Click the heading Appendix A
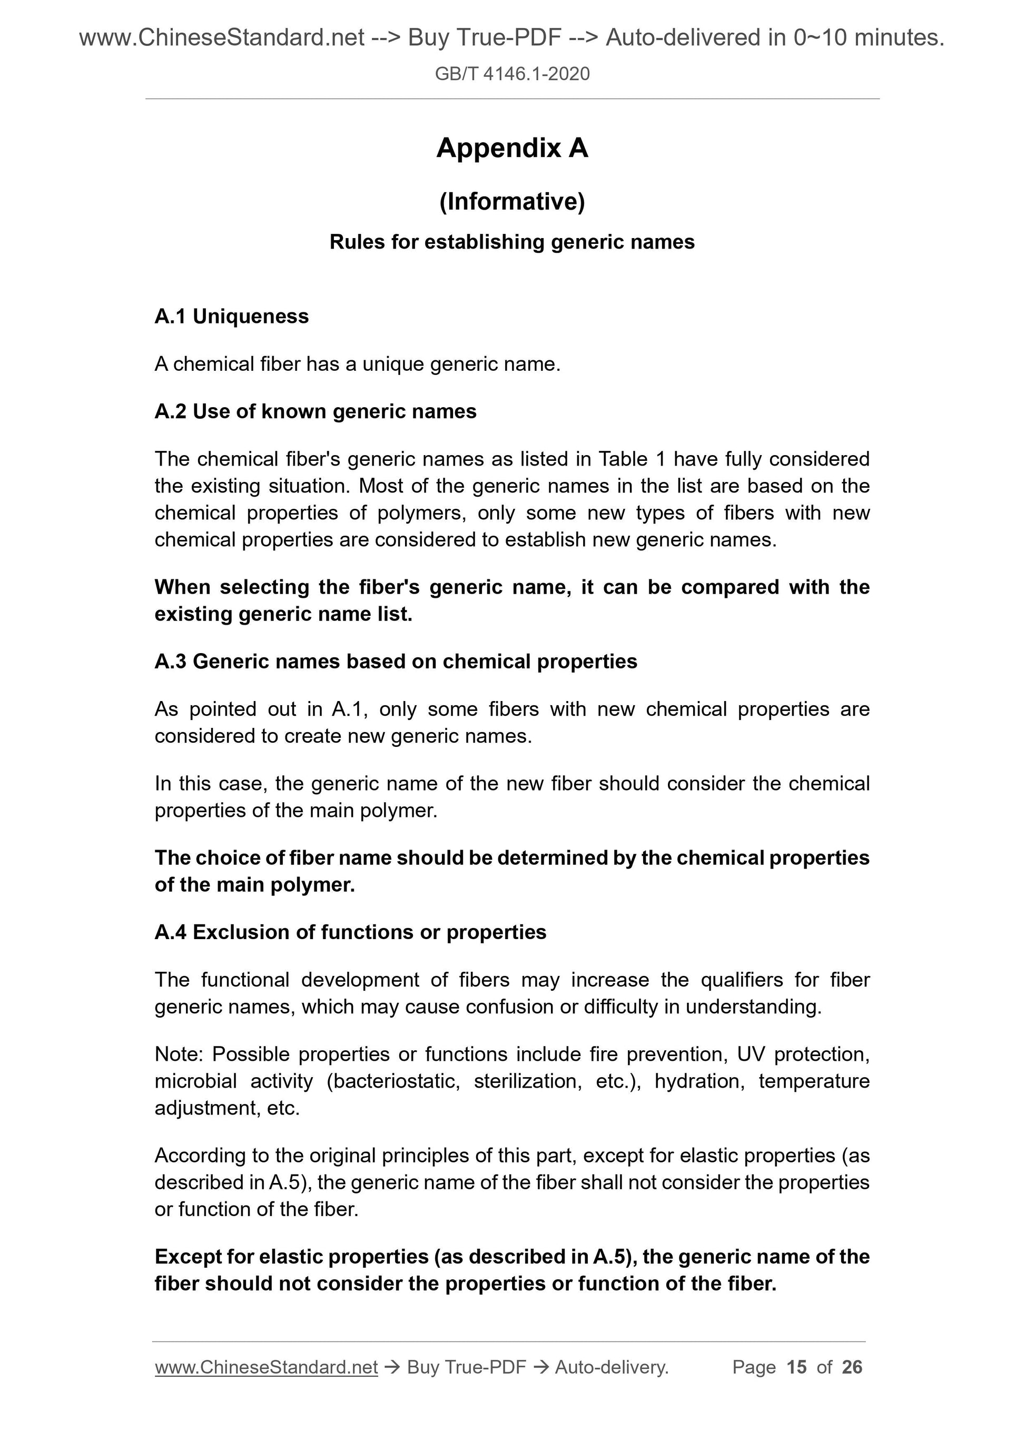pos(512,149)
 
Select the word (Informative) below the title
pos(512,201)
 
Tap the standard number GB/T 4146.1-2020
pos(512,74)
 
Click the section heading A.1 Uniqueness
pos(231,317)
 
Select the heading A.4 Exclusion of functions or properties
pos(350,932)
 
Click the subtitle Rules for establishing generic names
pos(512,242)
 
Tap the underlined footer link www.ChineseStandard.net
pos(266,1367)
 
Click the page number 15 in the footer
pos(796,1367)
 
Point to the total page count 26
pos(852,1367)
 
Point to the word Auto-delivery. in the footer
pos(612,1367)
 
